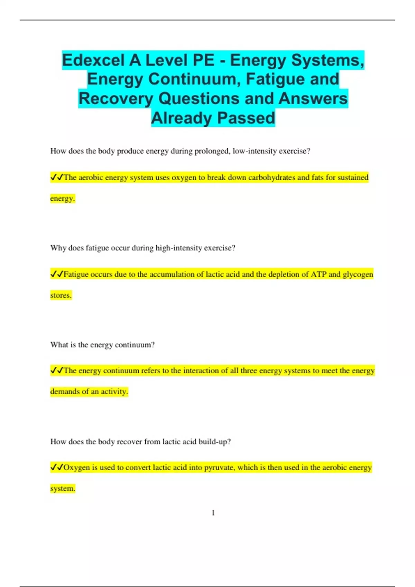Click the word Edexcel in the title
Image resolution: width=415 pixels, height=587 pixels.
click(93, 60)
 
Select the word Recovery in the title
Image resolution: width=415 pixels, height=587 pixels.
click(116, 99)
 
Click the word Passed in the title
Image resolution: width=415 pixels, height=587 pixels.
click(246, 118)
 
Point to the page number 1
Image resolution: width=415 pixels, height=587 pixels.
click(213, 513)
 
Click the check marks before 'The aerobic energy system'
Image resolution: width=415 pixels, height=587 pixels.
click(57, 177)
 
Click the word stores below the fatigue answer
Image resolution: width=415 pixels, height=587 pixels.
click(61, 296)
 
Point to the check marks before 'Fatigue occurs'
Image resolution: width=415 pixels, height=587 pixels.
click(57, 275)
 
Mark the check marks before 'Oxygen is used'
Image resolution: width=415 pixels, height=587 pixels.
click(57, 468)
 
